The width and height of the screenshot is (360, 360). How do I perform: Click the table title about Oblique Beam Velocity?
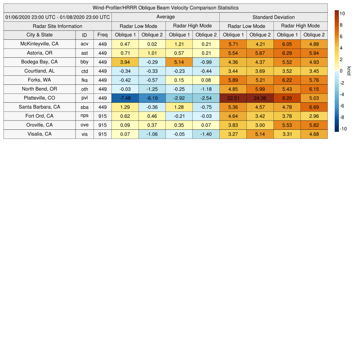(166, 8)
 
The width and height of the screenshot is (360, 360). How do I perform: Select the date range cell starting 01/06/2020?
(58, 17)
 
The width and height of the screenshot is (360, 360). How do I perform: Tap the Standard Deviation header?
(274, 17)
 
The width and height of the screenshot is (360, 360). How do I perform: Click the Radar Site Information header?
(58, 26)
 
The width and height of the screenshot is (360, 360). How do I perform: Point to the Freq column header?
(103, 35)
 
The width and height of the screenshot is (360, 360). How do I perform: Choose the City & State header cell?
(39, 35)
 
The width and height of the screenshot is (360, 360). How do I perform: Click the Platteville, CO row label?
(39, 98)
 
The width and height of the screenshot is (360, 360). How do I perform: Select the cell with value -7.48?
(125, 98)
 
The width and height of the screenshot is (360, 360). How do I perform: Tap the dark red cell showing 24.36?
(260, 98)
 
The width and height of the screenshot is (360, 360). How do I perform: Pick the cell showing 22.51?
(233, 98)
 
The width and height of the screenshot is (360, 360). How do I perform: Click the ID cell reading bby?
(84, 62)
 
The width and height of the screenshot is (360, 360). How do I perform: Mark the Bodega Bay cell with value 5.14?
(179, 62)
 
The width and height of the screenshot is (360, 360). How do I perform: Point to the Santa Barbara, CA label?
(39, 107)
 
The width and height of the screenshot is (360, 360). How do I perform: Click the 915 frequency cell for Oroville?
(103, 125)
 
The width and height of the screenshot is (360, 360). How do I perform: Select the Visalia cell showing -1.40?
(206, 134)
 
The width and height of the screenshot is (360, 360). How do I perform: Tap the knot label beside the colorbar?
(349, 71)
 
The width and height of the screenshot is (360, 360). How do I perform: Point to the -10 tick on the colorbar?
(343, 129)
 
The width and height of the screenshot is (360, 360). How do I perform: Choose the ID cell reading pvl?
(84, 98)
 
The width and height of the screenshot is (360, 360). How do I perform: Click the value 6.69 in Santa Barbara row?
(314, 107)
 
